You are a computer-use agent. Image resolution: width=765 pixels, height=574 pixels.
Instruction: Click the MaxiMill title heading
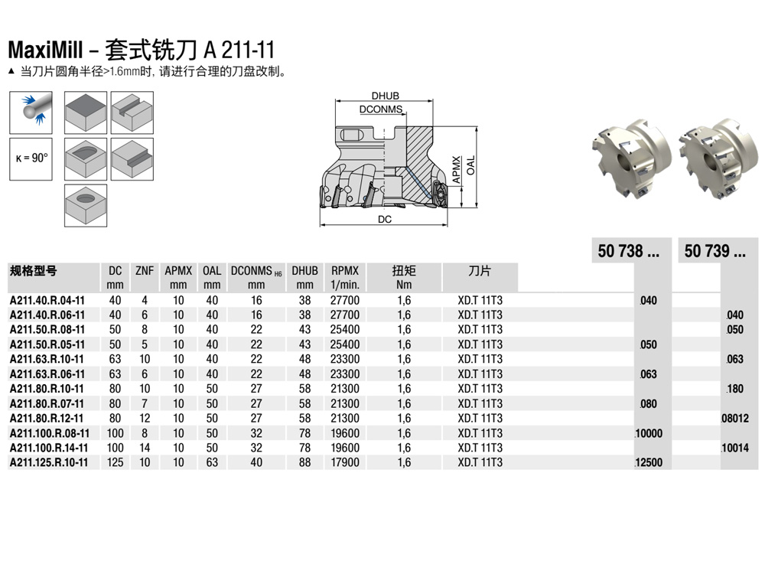(141, 50)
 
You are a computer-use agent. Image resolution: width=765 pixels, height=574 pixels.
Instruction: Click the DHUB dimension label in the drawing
(385, 96)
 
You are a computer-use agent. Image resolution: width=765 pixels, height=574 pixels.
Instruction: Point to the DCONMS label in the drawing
(381, 109)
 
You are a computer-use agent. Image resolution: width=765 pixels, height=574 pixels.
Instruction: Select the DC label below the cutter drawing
(385, 219)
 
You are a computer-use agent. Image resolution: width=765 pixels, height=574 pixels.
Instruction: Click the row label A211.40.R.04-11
(47, 300)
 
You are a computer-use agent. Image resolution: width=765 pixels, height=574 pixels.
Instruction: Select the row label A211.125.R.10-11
(49, 462)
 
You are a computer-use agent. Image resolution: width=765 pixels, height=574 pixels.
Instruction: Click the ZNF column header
(144, 271)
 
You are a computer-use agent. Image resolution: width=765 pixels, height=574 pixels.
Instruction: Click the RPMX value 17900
(345, 462)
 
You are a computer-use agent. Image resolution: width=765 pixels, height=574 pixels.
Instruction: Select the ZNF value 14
(144, 448)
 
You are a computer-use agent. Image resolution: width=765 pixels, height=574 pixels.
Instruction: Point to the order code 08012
(734, 419)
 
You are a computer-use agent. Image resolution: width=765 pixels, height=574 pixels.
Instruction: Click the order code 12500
(649, 463)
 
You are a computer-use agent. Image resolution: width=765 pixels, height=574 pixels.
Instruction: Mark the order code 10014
(734, 448)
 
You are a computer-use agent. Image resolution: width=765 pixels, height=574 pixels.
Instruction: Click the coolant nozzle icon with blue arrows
(31, 111)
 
